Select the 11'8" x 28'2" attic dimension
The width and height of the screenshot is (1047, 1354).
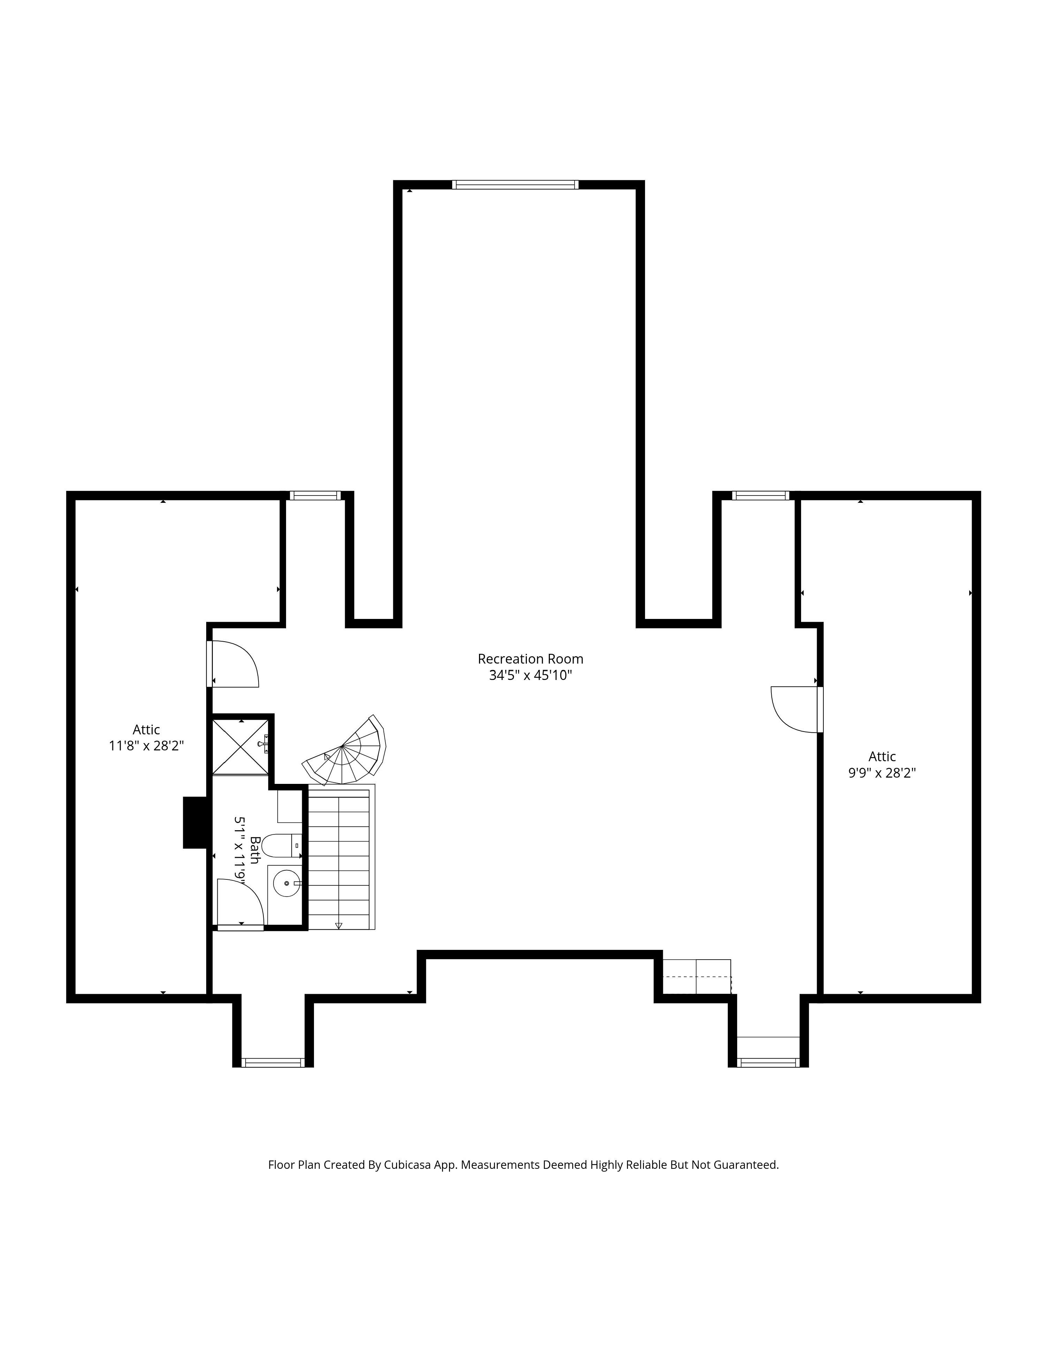click(147, 746)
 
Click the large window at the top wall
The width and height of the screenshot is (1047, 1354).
click(515, 184)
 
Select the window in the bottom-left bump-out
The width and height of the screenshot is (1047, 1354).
click(273, 1062)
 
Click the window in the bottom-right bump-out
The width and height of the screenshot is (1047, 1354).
click(768, 1062)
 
